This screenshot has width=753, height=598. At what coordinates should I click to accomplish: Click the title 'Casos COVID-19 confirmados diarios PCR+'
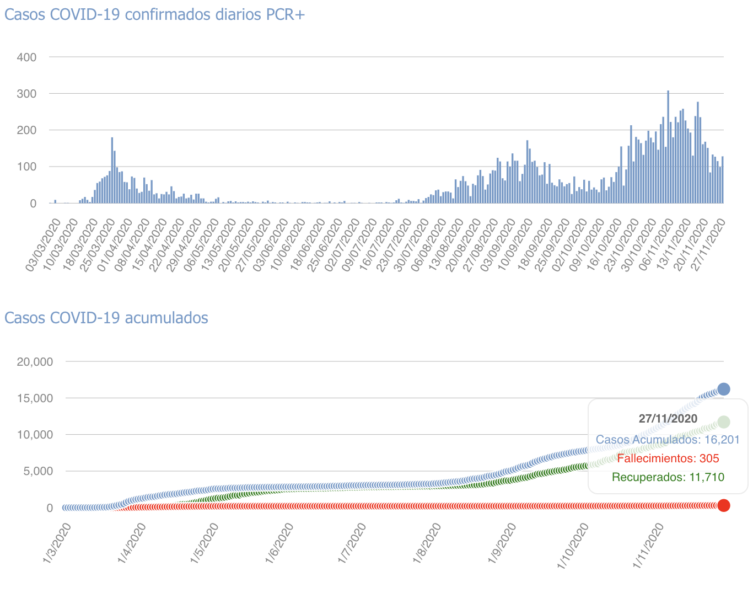pyautogui.click(x=154, y=14)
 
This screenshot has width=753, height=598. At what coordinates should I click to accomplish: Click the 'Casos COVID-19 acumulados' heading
pyautogui.click(x=106, y=318)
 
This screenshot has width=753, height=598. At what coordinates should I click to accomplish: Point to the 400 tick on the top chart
pyautogui.click(x=27, y=57)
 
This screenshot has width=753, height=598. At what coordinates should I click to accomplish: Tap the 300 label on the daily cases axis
pyautogui.click(x=27, y=94)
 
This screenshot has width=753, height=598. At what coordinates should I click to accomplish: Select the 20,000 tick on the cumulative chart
pyautogui.click(x=35, y=362)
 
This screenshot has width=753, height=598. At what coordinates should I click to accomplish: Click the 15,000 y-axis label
pyautogui.click(x=35, y=398)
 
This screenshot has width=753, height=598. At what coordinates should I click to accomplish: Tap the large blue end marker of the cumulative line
pyautogui.click(x=723, y=389)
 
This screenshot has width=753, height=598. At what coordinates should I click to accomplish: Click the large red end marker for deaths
pyautogui.click(x=724, y=505)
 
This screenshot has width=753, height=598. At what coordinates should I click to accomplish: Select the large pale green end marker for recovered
pyautogui.click(x=723, y=422)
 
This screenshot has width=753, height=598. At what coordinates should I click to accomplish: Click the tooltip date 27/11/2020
pyautogui.click(x=668, y=419)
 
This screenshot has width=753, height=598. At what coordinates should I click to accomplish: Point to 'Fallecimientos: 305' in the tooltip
pyautogui.click(x=668, y=458)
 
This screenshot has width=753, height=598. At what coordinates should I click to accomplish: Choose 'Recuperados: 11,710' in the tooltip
pyautogui.click(x=668, y=477)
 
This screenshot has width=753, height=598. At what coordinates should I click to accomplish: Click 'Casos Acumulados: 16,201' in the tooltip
pyautogui.click(x=668, y=440)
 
